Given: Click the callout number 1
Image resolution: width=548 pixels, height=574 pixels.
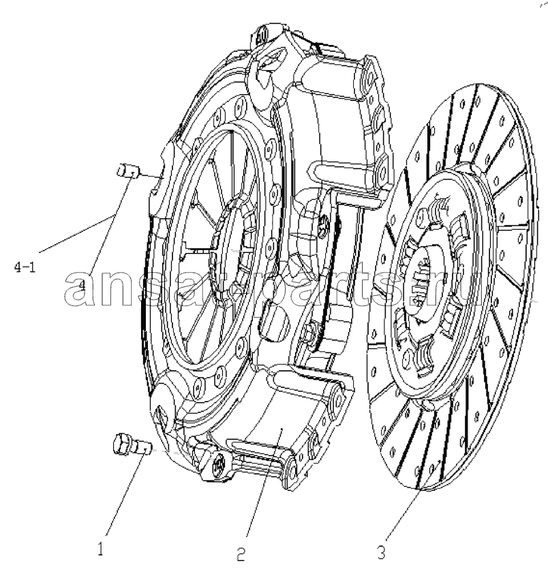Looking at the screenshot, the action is (101, 549).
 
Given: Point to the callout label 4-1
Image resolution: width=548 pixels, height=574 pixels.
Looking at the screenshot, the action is (25, 268).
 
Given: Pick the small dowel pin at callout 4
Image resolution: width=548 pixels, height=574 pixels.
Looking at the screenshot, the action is (127, 171).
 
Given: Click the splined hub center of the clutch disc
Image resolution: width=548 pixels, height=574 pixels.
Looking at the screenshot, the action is (427, 284).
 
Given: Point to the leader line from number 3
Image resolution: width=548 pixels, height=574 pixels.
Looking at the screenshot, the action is (408, 513).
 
